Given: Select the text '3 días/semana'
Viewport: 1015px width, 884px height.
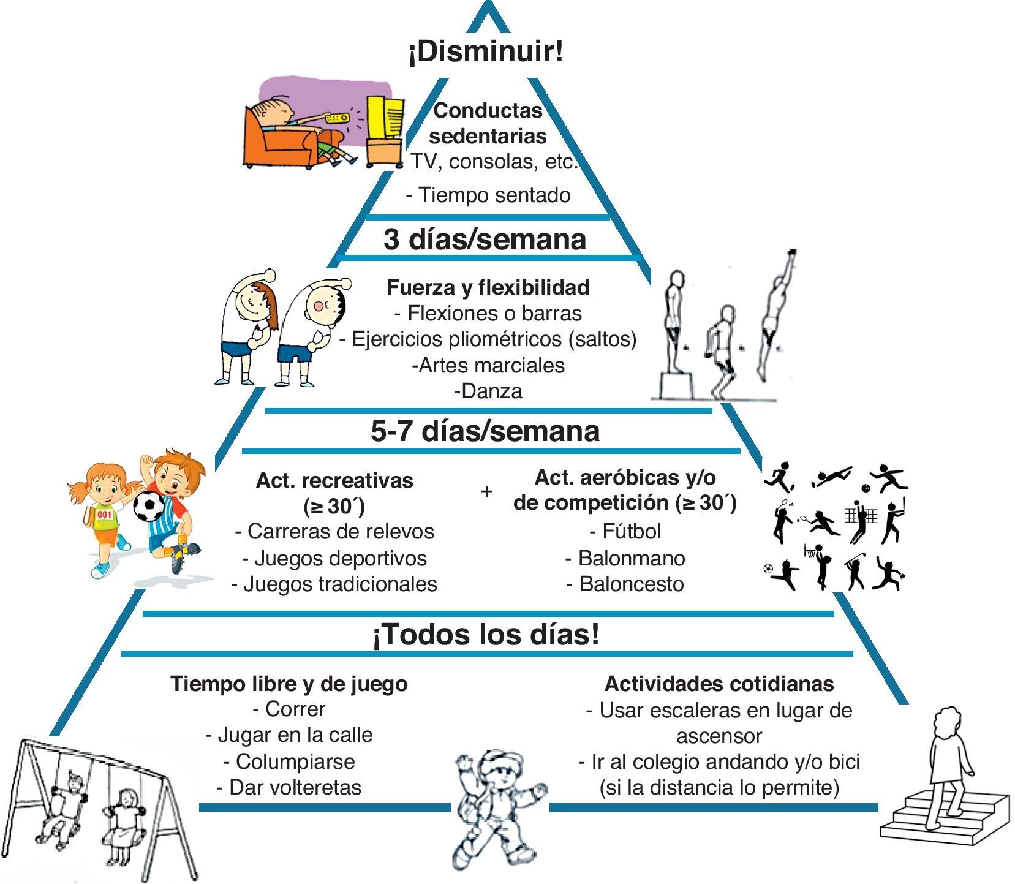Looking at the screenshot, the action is pos(485,240).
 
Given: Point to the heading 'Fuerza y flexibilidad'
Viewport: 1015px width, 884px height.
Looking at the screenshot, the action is pos(488,287).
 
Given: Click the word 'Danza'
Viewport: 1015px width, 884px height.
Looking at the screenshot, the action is pos(491,391).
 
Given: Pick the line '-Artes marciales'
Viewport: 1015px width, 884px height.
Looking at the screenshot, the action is pos(488,365).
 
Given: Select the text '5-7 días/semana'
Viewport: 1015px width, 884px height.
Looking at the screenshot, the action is pos(485,431).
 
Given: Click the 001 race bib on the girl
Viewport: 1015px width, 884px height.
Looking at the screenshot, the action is pos(105,513).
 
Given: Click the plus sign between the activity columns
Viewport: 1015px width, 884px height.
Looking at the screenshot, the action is pos(486,491).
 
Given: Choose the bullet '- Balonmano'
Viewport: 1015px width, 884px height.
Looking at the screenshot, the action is pos(625,558).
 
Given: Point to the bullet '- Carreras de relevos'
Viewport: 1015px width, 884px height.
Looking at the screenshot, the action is pos(334,531).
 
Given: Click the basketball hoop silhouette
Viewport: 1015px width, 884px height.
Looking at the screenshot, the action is pos(811,551).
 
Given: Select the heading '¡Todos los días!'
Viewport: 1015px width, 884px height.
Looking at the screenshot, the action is pos(486,635).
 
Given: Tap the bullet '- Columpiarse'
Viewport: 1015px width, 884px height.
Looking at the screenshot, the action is pos(289,761).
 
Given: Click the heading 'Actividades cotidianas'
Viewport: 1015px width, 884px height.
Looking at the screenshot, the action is pos(719,683).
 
